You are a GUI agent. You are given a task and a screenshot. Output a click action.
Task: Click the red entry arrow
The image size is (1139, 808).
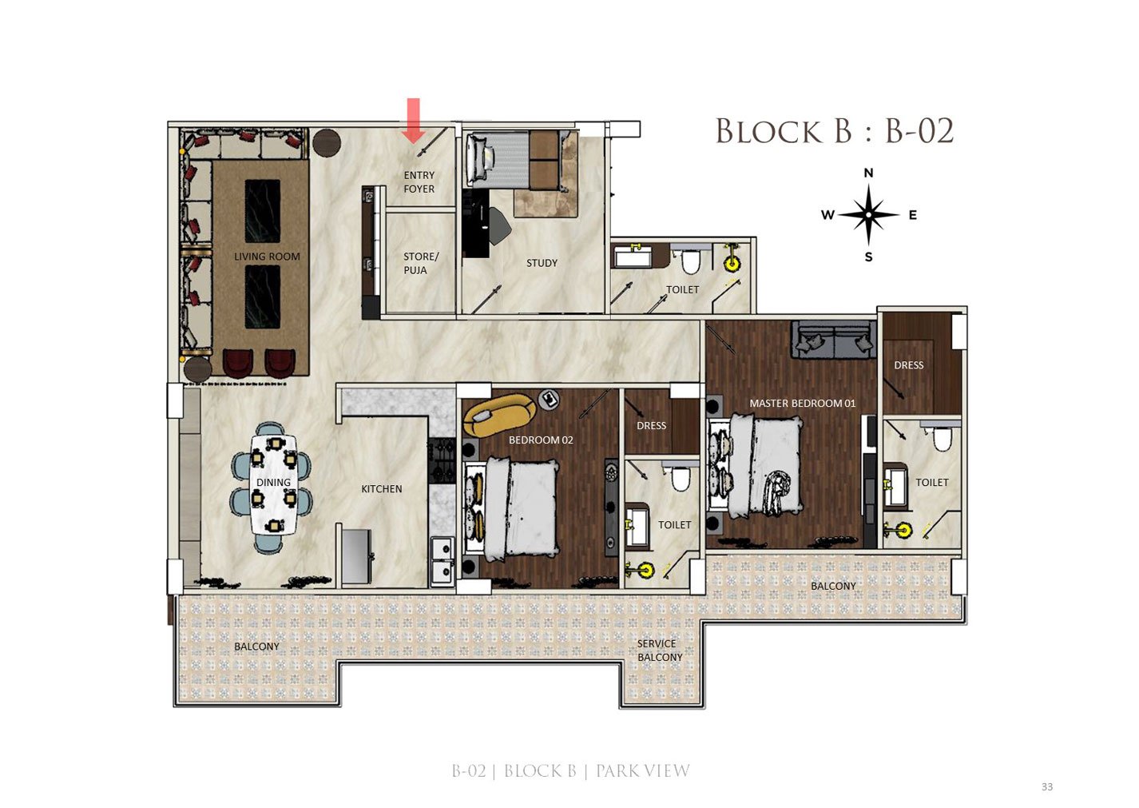[x=414, y=120]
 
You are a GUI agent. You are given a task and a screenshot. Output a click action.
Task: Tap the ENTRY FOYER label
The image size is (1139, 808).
[x=419, y=182]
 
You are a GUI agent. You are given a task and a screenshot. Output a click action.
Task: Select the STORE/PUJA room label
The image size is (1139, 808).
[x=420, y=263]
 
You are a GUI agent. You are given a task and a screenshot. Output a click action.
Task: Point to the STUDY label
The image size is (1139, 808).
[x=542, y=263]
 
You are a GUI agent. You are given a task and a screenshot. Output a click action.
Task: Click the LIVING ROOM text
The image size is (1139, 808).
[x=267, y=257]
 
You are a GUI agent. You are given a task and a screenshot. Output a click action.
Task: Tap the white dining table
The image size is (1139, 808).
[x=273, y=484]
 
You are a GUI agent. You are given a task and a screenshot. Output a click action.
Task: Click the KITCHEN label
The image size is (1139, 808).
[x=381, y=489]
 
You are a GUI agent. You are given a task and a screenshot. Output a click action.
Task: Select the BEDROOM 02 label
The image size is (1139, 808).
[x=541, y=440]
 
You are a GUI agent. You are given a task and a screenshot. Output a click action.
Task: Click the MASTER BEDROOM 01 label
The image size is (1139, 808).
[x=803, y=403]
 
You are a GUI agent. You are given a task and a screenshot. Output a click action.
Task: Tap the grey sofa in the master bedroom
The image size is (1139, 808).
[x=833, y=340]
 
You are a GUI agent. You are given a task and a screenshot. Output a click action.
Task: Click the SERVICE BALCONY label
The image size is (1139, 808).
[x=660, y=651]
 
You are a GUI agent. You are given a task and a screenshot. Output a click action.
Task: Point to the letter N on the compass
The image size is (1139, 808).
[x=868, y=173]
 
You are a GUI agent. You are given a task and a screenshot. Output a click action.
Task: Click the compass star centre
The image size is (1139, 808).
[x=868, y=215]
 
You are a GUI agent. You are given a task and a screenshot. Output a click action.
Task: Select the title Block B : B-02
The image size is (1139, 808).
[x=835, y=131]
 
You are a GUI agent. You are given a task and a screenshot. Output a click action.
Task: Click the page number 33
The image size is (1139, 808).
[x=1047, y=786]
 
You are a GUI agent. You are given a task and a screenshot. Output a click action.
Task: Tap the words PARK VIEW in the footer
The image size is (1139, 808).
[x=643, y=771]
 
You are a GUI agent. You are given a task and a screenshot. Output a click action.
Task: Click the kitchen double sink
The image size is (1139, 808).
[x=443, y=562]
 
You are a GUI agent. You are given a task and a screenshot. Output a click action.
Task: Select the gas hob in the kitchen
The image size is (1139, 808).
[x=442, y=460]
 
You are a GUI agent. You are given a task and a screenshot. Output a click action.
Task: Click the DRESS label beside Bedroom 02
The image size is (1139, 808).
[x=651, y=425]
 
